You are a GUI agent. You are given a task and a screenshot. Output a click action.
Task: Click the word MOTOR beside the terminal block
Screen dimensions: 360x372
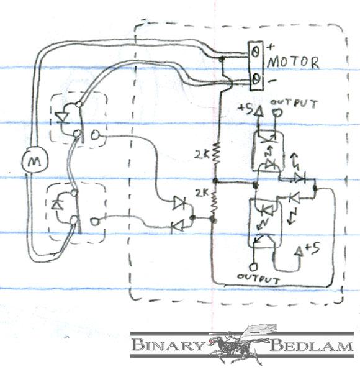tap(293, 62)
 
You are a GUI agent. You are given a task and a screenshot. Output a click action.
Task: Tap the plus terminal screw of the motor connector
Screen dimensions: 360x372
tap(256, 52)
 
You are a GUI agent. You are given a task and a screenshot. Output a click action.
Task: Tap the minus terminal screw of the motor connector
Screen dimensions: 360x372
tap(256, 79)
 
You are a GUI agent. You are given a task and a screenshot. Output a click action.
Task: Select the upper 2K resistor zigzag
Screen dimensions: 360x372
tap(217, 153)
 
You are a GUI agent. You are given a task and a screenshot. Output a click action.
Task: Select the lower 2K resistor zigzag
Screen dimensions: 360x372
tap(214, 203)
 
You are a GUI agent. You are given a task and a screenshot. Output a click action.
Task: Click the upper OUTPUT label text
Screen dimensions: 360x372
tap(294, 104)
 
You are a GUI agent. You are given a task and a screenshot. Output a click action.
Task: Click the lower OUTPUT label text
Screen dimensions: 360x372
tap(258, 279)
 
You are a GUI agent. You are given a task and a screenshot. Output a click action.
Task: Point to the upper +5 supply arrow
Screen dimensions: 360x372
tap(259, 111)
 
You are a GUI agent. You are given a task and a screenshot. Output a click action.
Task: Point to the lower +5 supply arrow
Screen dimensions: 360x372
tap(300, 252)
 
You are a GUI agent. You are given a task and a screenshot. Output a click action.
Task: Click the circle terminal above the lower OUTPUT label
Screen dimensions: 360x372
tap(253, 267)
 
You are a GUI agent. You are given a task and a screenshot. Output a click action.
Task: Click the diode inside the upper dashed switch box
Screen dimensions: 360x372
tap(62, 117)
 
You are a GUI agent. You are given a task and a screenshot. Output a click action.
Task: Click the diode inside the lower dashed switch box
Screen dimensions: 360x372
tap(57, 204)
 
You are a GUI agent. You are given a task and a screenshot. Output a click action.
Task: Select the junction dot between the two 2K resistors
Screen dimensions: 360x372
tap(215, 181)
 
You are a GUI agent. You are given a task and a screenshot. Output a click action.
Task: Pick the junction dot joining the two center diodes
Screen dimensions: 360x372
tap(193, 217)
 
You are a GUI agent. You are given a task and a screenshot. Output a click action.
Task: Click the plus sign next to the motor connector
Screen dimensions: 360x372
tap(270, 47)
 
